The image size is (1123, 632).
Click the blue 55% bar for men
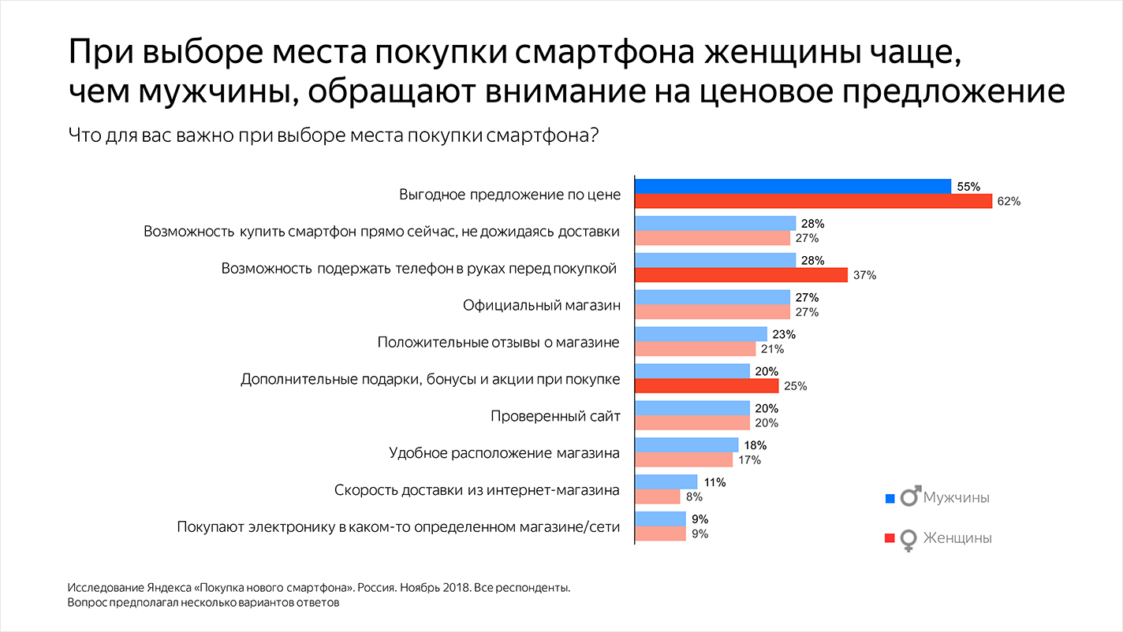[x=793, y=186]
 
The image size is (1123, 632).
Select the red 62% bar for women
[x=813, y=201]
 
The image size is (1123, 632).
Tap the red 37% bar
[x=741, y=275]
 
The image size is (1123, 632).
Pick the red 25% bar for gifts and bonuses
[x=707, y=385]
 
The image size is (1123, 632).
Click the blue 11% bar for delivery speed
[x=666, y=481]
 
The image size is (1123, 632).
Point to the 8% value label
[x=694, y=496]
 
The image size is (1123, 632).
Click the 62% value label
[x=1009, y=201]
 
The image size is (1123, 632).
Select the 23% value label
[x=784, y=334]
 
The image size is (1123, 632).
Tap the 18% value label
[x=755, y=445]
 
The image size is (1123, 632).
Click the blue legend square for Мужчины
[x=890, y=499]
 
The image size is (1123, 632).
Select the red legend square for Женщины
[x=890, y=538]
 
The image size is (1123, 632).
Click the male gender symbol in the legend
[x=910, y=496]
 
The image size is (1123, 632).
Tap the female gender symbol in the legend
[x=908, y=541]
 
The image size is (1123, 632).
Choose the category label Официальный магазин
[x=542, y=305]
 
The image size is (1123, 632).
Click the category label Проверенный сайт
[x=555, y=416]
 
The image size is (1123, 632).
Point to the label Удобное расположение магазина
[x=505, y=453]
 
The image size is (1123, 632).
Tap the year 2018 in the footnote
[x=456, y=587]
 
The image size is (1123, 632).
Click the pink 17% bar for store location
[x=684, y=459]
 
